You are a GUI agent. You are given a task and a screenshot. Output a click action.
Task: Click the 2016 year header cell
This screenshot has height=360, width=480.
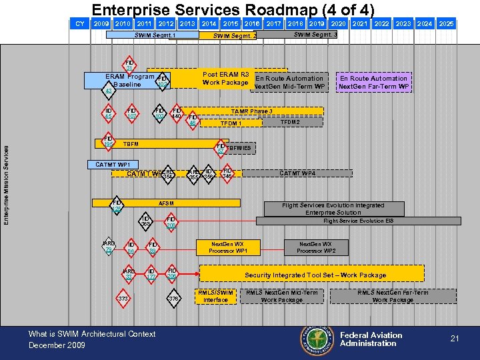pos(252,23)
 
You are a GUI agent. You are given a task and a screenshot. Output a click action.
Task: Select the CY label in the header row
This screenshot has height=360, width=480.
pos(80,23)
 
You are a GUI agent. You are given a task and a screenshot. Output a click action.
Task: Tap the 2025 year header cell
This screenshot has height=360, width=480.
pos(446,23)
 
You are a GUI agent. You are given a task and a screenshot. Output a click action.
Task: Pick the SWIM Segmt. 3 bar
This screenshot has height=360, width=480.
pos(315,34)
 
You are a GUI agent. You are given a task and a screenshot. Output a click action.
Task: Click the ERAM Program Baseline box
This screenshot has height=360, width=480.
pos(126,81)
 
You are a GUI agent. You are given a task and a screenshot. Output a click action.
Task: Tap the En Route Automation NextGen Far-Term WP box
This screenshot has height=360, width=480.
pos(373,82)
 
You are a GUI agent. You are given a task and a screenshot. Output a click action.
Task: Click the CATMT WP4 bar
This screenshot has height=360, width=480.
pos(297,173)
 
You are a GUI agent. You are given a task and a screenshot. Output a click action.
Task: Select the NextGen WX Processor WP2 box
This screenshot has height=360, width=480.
pos(316,247)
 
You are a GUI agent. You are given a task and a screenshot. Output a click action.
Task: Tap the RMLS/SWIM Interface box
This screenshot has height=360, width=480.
pos(215,296)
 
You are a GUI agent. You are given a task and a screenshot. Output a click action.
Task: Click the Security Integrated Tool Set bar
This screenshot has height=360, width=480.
pos(315,274)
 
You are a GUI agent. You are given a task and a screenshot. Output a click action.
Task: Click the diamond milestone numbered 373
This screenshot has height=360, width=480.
pos(123,299)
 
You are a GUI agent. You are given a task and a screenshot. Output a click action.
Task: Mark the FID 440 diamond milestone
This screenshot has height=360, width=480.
pos(177,113)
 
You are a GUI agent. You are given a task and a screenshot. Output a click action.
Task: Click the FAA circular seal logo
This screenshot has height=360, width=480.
pos(317,339)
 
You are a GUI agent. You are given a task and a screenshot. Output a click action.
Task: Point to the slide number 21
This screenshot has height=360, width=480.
pos(455,339)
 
